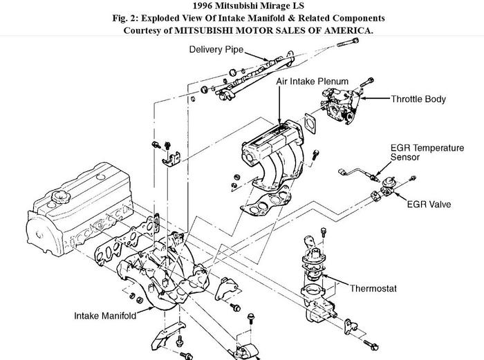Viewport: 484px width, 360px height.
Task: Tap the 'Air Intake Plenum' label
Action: click(x=313, y=82)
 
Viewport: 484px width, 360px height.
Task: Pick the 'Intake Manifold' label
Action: click(x=105, y=316)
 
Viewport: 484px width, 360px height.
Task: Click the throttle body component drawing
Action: click(x=339, y=104)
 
